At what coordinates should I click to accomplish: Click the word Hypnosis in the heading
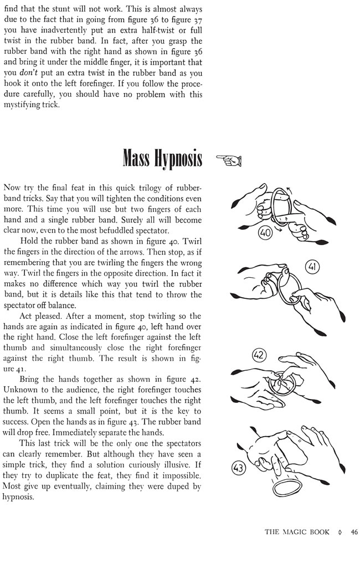[178, 159]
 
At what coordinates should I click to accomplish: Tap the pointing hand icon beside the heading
[228, 160]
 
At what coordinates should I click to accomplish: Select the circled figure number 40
[265, 233]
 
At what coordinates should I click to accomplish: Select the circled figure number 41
[312, 268]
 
